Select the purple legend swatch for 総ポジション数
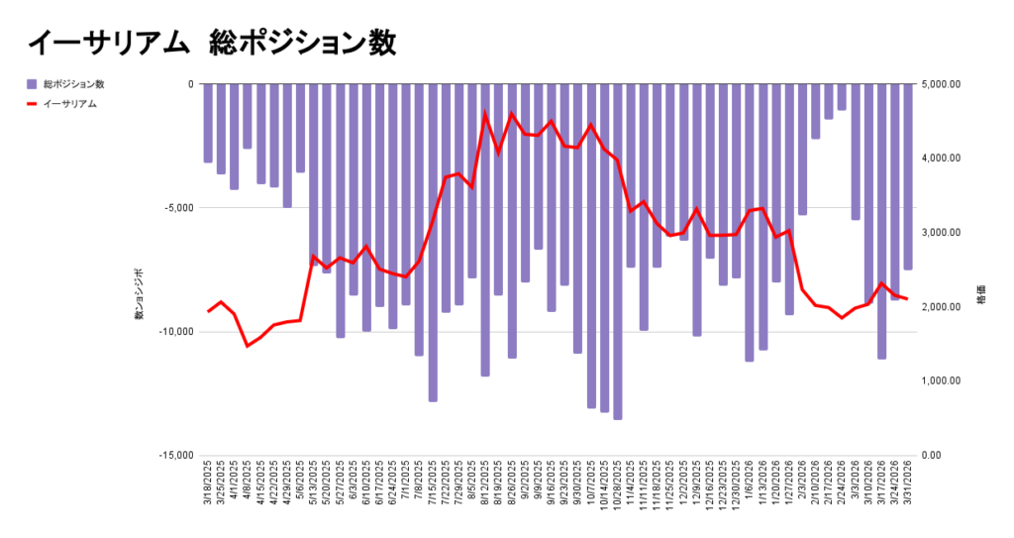(33, 84)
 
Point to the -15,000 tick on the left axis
(175, 456)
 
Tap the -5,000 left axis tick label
(178, 208)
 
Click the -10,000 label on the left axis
(175, 332)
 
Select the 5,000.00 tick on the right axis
(941, 84)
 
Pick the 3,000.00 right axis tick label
(941, 233)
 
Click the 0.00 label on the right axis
(934, 456)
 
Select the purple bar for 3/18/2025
(208, 123)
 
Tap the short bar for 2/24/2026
(842, 97)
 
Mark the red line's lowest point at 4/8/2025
(248, 346)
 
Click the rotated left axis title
(140, 293)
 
